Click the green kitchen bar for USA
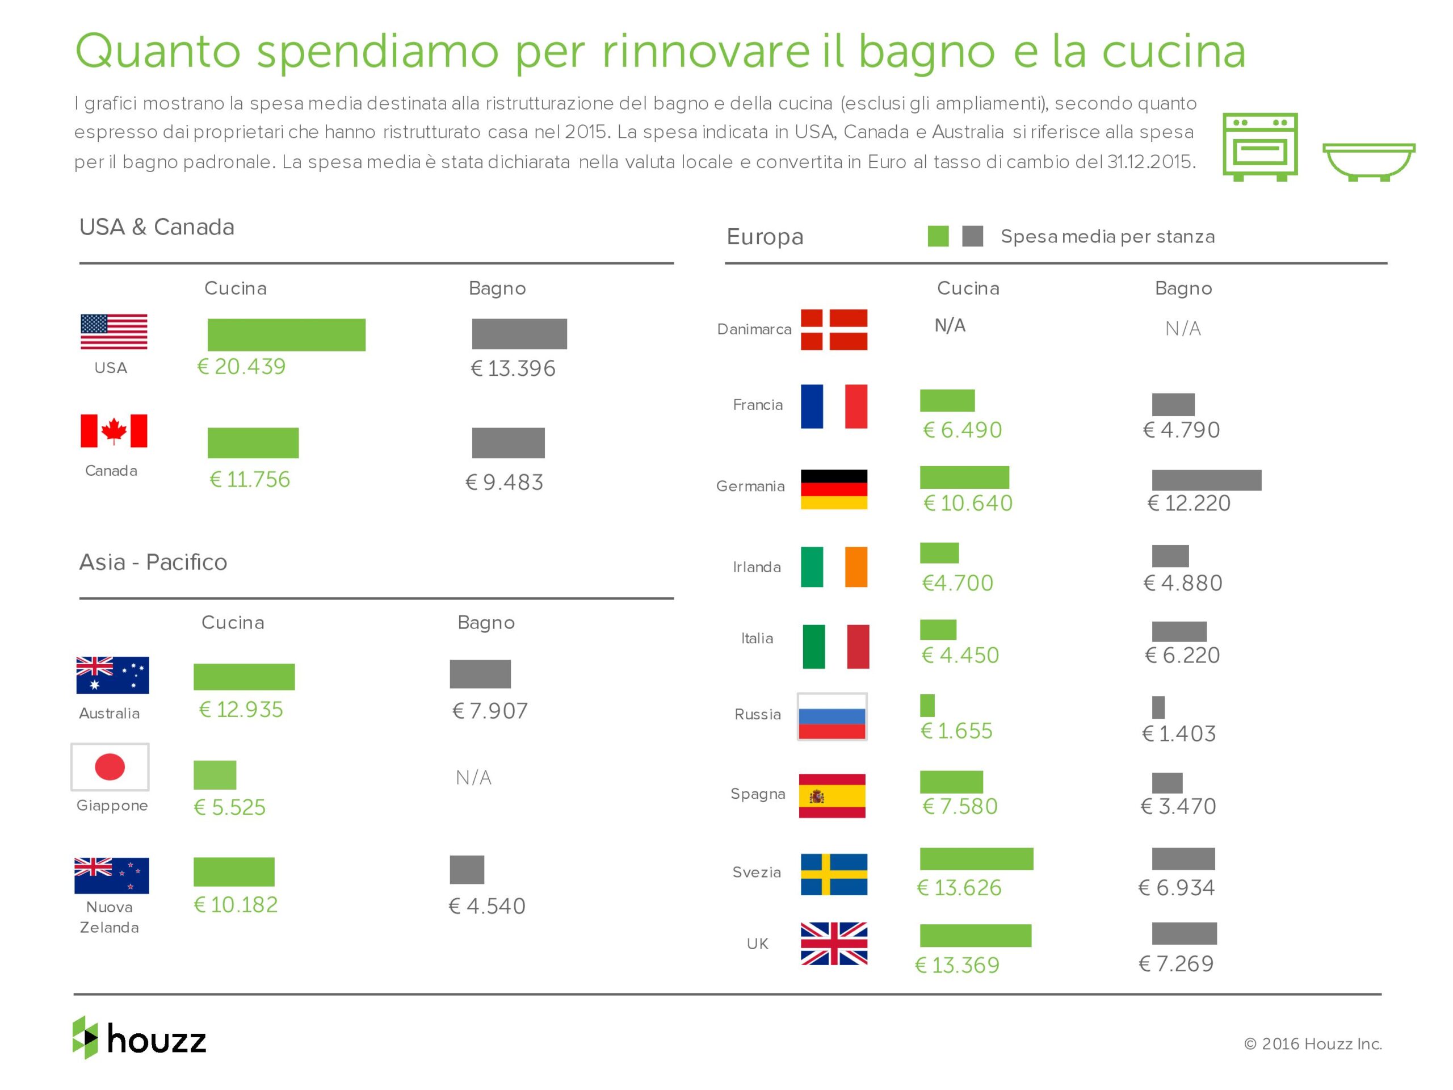coord(287,334)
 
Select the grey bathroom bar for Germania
coord(1206,480)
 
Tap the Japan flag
coord(110,767)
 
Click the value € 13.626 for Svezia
coord(959,888)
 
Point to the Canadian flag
coord(114,430)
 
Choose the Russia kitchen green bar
coord(927,705)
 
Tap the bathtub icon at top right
coord(1368,161)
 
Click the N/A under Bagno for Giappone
coord(473,777)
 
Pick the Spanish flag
coord(832,796)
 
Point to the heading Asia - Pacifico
coord(153,563)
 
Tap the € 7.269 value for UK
coord(1176,963)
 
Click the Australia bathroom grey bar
coord(480,673)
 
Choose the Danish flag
coord(834,329)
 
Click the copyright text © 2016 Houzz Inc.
coord(1312,1043)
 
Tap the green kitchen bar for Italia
coord(938,630)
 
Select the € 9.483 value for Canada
coord(505,482)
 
